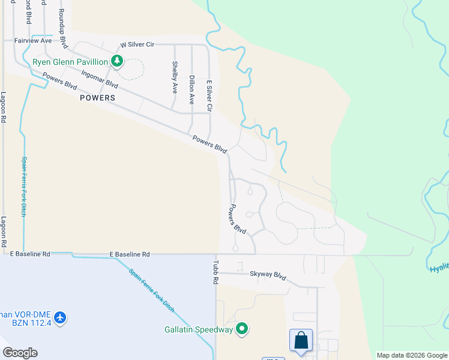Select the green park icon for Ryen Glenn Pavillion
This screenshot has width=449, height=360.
(116, 61)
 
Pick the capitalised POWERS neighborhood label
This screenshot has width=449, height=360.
(96, 97)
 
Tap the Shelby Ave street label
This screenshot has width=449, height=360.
(175, 77)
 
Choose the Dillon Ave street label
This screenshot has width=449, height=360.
(191, 90)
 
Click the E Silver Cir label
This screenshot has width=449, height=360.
(209, 96)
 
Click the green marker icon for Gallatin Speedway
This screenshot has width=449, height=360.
(242, 329)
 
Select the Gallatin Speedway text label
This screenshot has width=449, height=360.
(199, 329)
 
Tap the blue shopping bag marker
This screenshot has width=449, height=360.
(301, 340)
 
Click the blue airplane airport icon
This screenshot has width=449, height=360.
(59, 317)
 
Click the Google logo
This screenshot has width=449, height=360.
(20, 352)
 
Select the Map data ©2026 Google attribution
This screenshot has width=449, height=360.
(411, 355)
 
